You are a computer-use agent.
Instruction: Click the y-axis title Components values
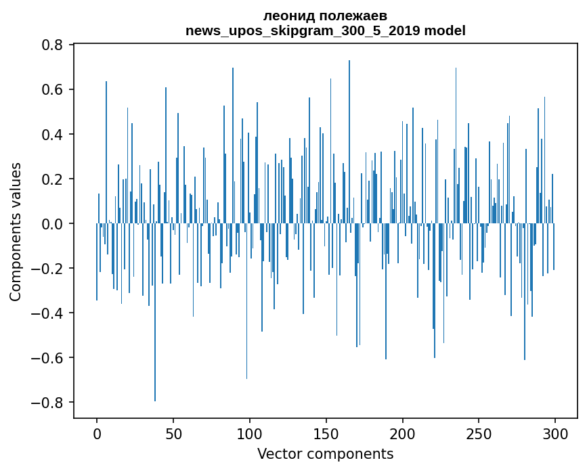click(x=16, y=231)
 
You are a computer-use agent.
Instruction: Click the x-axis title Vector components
click(x=325, y=453)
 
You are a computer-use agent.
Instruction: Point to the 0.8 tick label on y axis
click(x=53, y=45)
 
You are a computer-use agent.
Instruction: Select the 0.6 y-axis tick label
click(x=53, y=90)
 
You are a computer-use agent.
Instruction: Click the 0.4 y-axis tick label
click(x=53, y=135)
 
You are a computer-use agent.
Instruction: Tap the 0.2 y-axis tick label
click(x=53, y=179)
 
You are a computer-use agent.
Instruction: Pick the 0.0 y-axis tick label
click(x=53, y=224)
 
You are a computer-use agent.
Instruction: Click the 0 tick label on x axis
click(x=97, y=433)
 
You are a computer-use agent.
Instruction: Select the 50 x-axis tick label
click(x=173, y=433)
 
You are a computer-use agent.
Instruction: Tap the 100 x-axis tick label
click(x=250, y=433)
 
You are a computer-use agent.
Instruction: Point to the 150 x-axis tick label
click(x=326, y=433)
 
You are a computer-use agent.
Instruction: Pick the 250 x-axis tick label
click(x=479, y=433)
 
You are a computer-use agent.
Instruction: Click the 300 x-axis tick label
click(x=555, y=433)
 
